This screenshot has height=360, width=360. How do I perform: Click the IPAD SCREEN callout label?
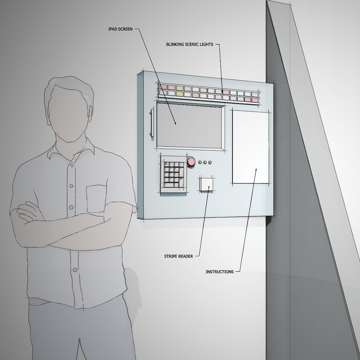tap(120, 29)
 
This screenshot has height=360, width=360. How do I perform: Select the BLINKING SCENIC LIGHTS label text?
tap(190, 45)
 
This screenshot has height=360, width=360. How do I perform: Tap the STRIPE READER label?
tap(179, 256)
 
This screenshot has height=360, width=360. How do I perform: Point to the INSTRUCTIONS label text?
tap(220, 272)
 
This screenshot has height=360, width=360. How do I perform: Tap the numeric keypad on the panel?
tap(174, 175)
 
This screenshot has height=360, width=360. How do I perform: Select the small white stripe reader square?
tap(206, 184)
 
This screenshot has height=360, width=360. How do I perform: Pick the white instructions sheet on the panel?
tap(251, 147)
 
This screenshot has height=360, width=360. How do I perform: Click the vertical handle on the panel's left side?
tap(152, 123)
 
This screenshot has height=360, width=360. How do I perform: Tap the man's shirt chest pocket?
tap(96, 199)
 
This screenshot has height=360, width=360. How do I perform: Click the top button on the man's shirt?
tap(72, 165)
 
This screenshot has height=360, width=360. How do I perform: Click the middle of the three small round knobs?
tap(205, 163)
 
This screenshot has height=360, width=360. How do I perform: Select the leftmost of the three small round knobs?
tap(200, 162)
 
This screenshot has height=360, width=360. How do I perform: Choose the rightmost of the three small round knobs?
tap(210, 163)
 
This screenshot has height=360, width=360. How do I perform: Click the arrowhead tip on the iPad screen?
tap(176, 125)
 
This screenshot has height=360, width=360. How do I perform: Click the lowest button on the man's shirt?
tap(75, 270)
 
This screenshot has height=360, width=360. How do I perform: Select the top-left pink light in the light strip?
tap(163, 87)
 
